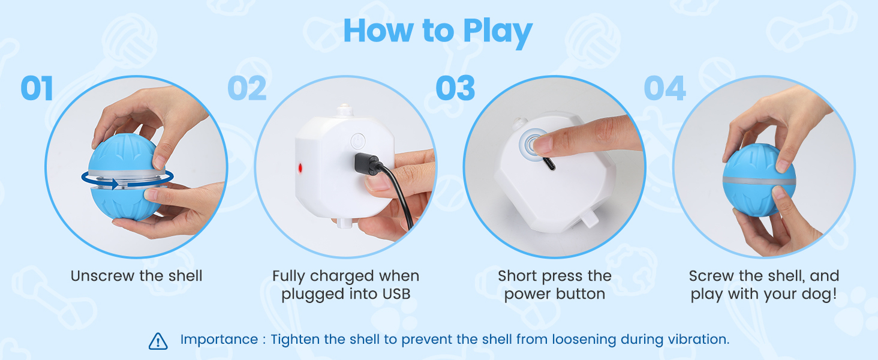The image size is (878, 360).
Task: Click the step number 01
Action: coord(37,88)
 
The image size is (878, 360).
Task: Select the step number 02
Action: coord(247,88)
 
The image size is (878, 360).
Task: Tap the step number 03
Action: coord(455,88)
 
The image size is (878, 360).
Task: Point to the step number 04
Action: coord(665,88)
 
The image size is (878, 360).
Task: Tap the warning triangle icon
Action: coord(158,341)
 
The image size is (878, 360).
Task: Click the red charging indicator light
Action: coord(300,168)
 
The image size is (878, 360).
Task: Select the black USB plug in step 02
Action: coord(366,164)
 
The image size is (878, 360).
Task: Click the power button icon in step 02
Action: coord(358,141)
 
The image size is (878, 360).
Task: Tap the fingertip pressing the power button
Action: coord(543,143)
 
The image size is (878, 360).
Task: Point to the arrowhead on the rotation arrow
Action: coord(114,184)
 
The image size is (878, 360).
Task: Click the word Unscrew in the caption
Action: coord(103,275)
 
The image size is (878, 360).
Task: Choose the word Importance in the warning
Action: coord(219,340)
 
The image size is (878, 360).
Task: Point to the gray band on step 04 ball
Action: coord(759,181)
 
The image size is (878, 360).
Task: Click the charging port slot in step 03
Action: coord(549,163)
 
